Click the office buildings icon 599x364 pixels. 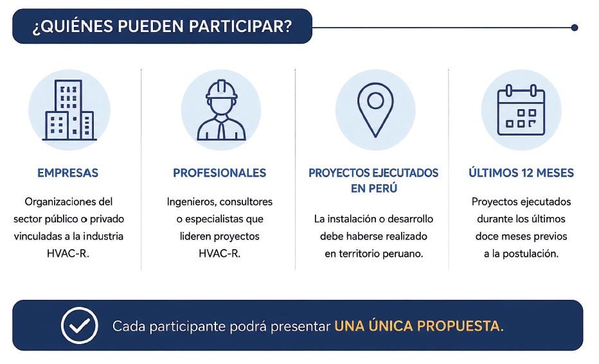(69, 110)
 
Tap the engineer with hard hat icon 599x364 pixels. (221, 110)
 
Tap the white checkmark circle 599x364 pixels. (80, 325)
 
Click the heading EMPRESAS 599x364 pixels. (67, 173)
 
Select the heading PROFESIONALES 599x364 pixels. (220, 173)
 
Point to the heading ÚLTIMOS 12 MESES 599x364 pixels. (521, 173)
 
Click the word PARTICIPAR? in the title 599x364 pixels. (240, 26)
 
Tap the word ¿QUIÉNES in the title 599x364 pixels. (73, 26)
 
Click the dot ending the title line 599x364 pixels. (574, 28)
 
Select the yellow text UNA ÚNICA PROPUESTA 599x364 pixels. (419, 326)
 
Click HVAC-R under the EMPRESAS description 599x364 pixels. (68, 254)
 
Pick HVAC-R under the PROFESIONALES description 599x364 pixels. (220, 254)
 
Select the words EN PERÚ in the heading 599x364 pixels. (374, 189)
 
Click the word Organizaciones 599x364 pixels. (58, 202)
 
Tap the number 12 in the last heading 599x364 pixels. (527, 173)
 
